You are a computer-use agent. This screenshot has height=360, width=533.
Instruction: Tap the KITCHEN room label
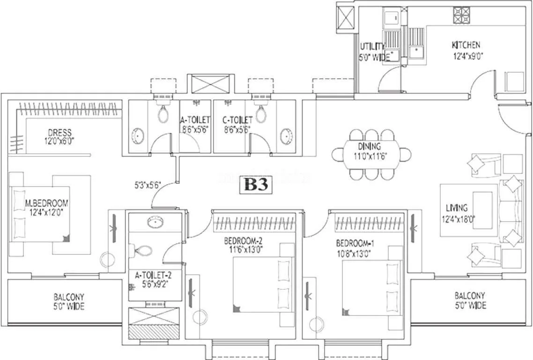pyautogui.click(x=466, y=45)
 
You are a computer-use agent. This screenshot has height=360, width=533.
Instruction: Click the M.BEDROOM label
pyautogui.click(x=46, y=203)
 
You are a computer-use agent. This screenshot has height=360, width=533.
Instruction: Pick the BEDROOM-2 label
pyautogui.click(x=244, y=241)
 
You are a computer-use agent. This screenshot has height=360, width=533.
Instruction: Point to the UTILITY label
pyautogui.click(x=372, y=46)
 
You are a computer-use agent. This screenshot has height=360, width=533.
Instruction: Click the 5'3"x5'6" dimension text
pyautogui.click(x=147, y=185)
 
